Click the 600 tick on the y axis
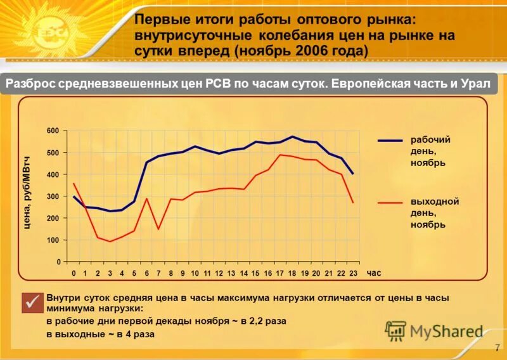(53, 131)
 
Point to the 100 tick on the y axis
(53, 240)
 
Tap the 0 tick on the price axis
(58, 262)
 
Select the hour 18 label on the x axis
(292, 273)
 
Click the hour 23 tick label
(353, 273)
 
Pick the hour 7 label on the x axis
(158, 273)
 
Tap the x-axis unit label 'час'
(374, 273)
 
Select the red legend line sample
(390, 203)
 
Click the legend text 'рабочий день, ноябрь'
(427, 151)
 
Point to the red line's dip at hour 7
(158, 229)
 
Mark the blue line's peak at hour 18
(292, 136)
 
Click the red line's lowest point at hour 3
(110, 241)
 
